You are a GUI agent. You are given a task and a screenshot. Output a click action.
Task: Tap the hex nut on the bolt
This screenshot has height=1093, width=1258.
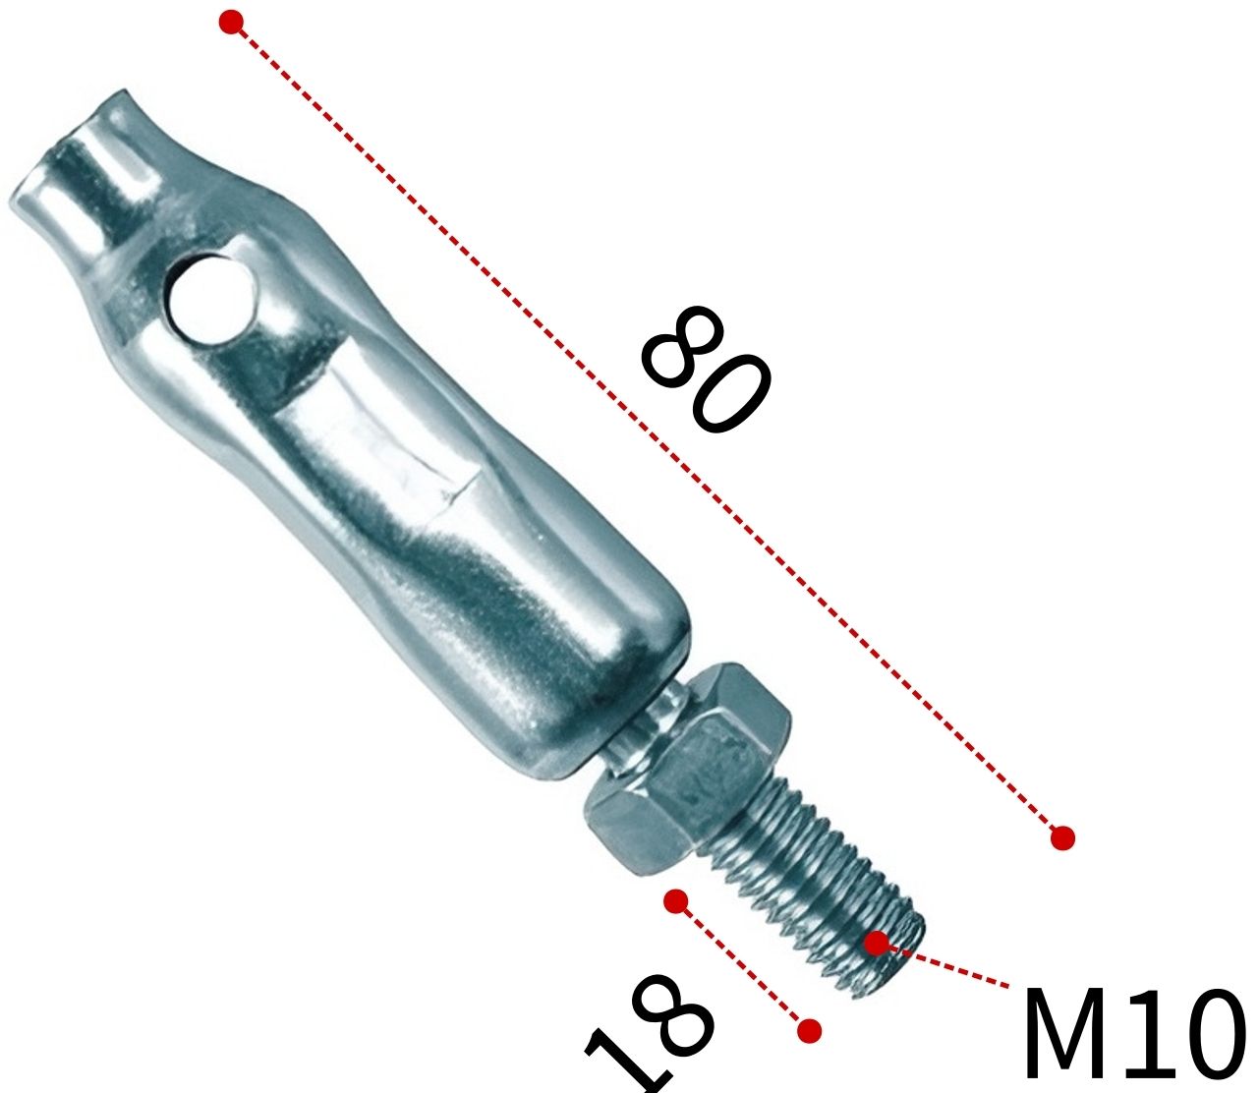click(x=688, y=777)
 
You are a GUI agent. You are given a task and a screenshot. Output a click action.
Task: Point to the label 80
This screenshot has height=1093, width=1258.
click(x=706, y=370)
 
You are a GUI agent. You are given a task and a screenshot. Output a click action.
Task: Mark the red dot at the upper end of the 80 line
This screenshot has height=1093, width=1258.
click(x=231, y=23)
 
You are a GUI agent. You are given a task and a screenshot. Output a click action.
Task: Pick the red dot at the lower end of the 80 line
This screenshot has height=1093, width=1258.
click(x=1062, y=837)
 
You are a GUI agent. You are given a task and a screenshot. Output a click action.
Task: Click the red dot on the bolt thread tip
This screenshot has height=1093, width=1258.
click(x=876, y=944)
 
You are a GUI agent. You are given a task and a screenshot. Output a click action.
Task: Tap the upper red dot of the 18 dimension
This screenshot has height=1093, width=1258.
click(x=675, y=900)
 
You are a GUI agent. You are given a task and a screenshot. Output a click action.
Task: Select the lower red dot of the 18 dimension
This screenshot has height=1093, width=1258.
click(x=809, y=1030)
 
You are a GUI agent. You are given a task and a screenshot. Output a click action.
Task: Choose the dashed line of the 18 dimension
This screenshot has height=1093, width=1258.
click(x=742, y=965)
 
